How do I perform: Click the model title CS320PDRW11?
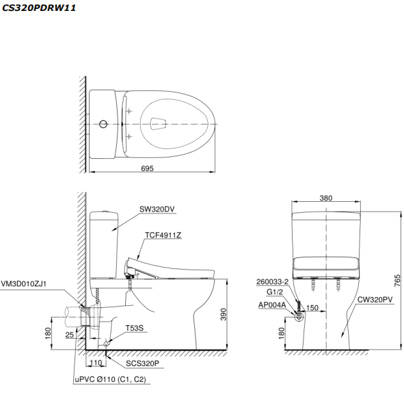39,8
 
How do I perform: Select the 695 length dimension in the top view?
148,168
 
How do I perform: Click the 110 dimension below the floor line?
95,363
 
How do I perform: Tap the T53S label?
133,329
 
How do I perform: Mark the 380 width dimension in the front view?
326,198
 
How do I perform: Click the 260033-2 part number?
273,281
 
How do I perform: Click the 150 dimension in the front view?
312,308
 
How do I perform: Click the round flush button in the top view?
103,124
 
